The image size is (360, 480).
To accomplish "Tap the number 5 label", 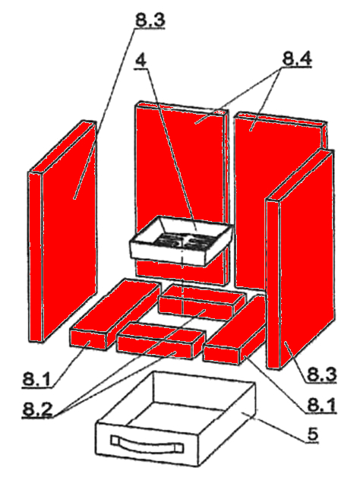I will (314, 436).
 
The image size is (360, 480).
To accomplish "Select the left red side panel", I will (65, 228).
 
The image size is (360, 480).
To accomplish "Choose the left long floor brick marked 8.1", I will (114, 311).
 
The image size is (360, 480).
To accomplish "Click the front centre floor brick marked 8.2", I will (161, 341).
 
